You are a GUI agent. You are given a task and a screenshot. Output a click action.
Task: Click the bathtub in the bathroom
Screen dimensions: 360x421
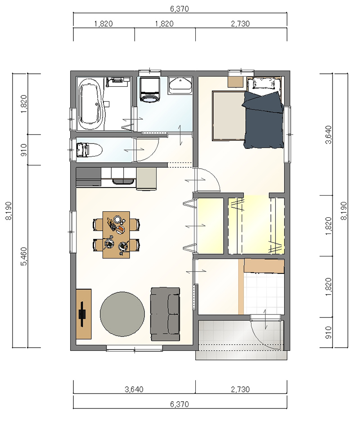click(90, 104)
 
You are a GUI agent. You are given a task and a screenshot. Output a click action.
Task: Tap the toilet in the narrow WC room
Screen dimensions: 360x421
click(89, 150)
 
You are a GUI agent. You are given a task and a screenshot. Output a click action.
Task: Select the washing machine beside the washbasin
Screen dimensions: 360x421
click(150, 90)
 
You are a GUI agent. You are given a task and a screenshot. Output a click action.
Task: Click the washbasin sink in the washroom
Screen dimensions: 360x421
click(180, 85)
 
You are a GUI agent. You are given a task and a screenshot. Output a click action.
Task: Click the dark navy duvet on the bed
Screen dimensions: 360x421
click(263, 120)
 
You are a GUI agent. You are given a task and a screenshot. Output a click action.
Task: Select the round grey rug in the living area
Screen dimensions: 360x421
click(122, 314)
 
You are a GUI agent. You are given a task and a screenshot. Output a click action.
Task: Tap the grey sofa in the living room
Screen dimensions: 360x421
click(165, 314)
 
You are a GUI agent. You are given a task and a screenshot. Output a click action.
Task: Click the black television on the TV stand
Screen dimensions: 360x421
click(82, 314)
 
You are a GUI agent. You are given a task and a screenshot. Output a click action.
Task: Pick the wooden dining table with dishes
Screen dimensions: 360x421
click(116, 235)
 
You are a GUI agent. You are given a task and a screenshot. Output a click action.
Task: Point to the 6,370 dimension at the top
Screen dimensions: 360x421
click(180, 9)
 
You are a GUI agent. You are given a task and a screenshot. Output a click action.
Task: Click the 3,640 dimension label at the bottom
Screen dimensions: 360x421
click(134, 389)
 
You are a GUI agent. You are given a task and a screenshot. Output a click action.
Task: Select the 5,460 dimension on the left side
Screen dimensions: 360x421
click(24, 256)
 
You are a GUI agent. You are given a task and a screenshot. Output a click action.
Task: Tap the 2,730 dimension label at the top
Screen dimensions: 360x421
click(240, 24)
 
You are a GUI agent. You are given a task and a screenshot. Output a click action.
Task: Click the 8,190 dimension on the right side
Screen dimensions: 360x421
click(344, 211)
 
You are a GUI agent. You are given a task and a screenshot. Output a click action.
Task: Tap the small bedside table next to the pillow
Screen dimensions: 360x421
click(235, 82)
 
